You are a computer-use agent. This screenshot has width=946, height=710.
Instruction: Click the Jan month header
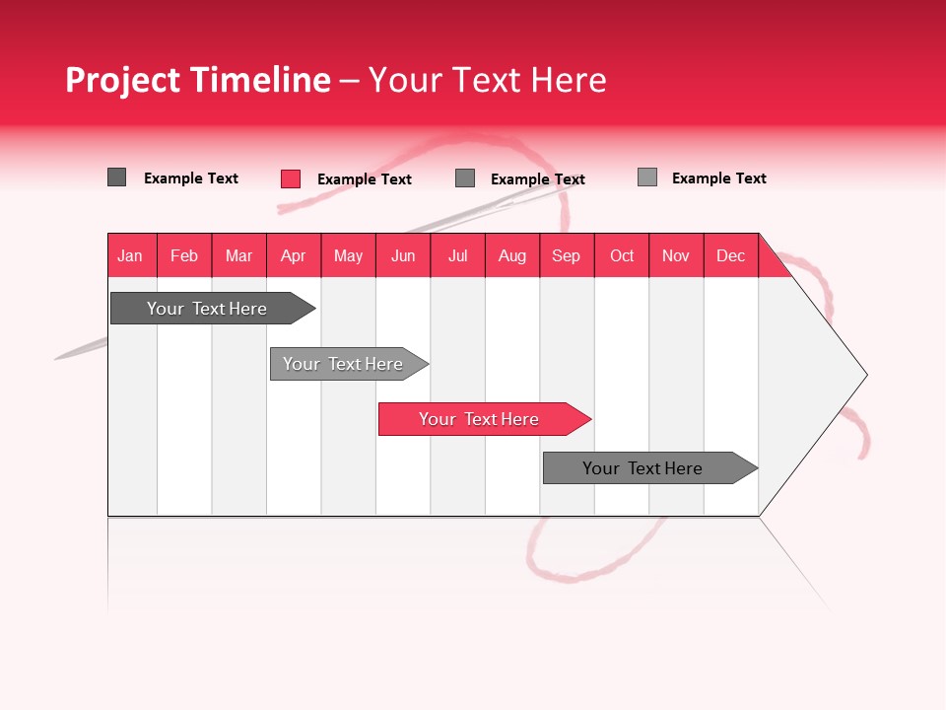click(x=131, y=255)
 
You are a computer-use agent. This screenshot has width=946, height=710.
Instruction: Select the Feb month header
click(x=184, y=255)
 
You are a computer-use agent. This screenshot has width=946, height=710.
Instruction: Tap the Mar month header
click(x=238, y=255)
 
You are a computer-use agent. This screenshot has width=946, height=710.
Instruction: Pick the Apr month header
click(x=294, y=255)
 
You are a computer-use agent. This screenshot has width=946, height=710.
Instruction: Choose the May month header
click(x=348, y=255)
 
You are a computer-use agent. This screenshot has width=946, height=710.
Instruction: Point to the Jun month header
click(x=403, y=255)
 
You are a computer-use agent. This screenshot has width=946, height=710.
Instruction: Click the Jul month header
click(x=457, y=255)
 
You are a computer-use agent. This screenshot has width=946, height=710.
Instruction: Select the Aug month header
click(x=512, y=255)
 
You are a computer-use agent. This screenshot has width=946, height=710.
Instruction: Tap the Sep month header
click(x=567, y=255)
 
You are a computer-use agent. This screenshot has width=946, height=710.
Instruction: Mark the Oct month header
click(x=622, y=255)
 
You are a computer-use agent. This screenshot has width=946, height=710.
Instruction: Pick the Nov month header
click(x=676, y=255)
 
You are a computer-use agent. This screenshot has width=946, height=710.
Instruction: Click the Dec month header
click(x=731, y=255)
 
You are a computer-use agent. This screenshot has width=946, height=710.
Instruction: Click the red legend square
click(x=291, y=178)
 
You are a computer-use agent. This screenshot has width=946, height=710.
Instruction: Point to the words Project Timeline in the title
click(x=198, y=80)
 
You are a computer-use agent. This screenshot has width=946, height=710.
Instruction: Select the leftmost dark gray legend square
click(x=117, y=177)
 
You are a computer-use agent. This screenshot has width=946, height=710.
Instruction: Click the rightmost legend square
click(x=647, y=177)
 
